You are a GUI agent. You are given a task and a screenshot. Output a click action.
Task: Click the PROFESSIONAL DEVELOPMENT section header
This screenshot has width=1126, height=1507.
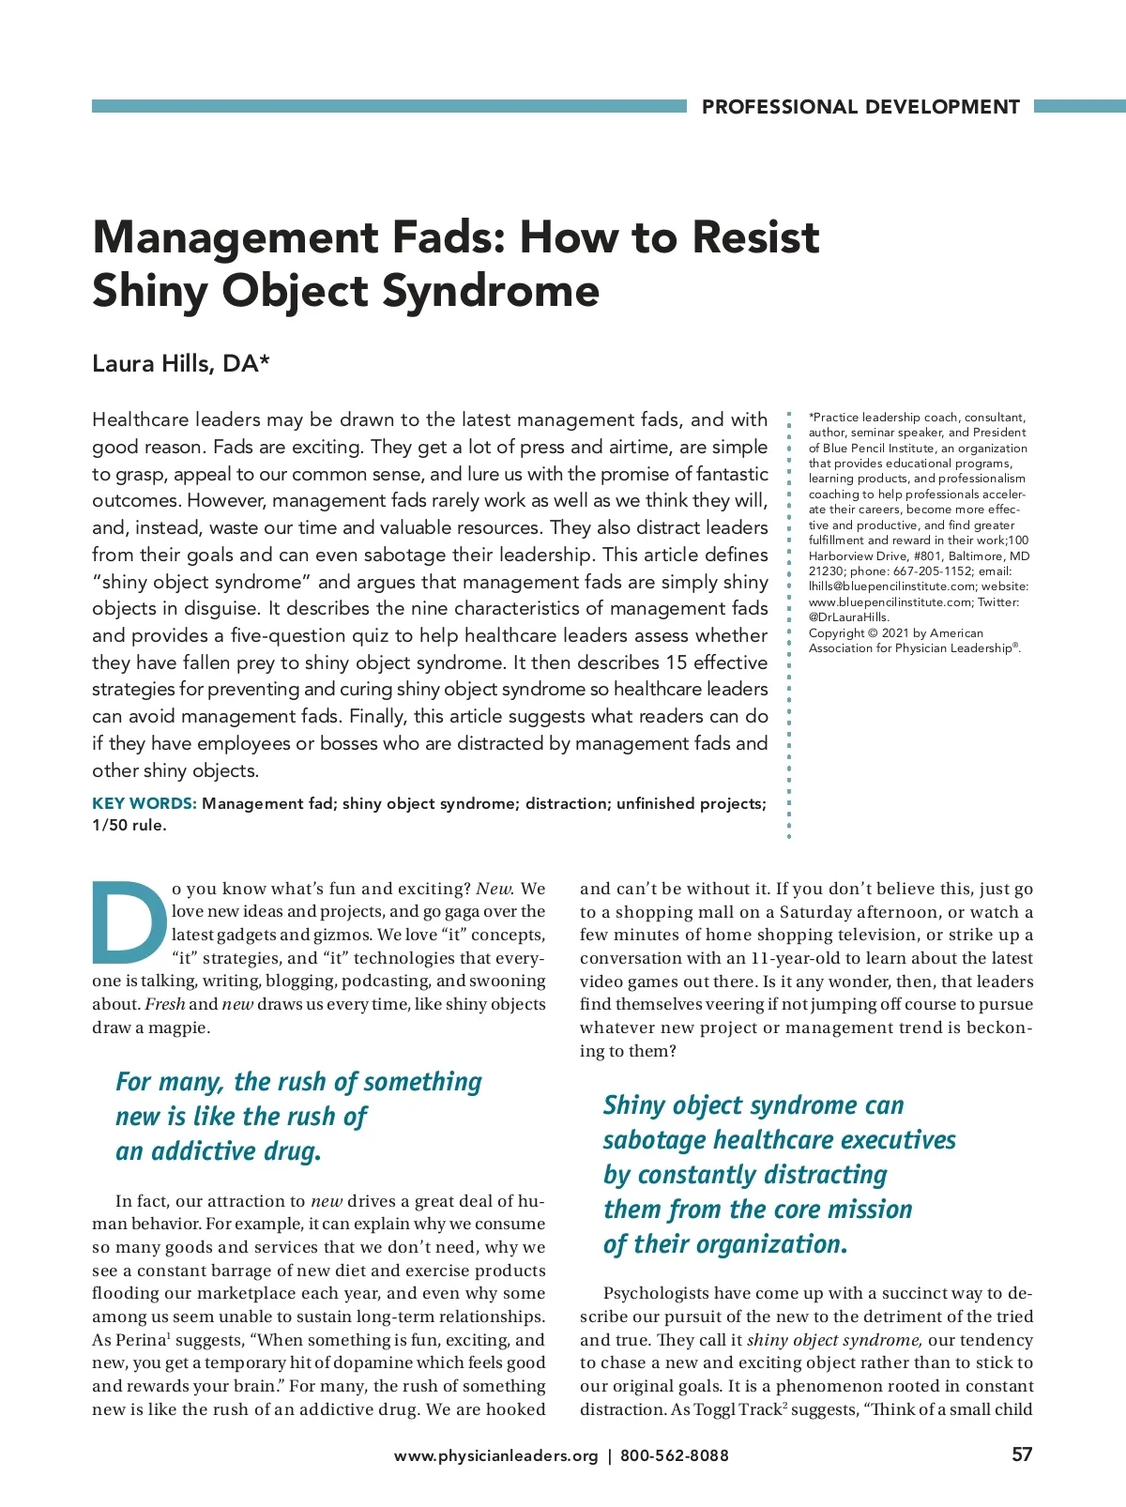[860, 107]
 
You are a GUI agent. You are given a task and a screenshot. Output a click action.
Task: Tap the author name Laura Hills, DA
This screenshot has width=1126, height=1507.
[180, 364]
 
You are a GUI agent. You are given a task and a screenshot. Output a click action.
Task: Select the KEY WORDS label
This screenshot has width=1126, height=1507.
[144, 803]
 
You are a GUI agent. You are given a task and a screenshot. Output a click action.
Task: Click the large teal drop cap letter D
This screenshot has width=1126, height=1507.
[129, 923]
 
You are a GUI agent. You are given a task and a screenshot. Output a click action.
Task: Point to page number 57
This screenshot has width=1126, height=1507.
[1022, 1454]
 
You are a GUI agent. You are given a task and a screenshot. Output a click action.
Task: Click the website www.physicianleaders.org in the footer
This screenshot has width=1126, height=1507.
[495, 1455]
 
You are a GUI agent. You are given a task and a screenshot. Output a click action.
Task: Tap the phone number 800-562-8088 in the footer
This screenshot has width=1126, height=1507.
[674, 1455]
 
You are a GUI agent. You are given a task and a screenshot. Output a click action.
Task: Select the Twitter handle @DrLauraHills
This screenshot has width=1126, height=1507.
[848, 617]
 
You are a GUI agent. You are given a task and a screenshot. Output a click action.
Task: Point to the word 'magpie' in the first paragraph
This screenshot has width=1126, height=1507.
[179, 1027]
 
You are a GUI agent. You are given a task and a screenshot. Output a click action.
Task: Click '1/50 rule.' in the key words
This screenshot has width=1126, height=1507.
[129, 826]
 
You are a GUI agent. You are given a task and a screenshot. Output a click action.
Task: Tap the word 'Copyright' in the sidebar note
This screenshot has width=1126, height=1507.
[839, 633]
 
